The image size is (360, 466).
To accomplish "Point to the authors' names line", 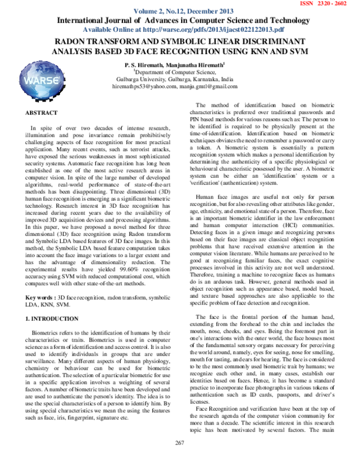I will [x=174, y=64].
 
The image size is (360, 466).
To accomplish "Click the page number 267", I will [x=179, y=459].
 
